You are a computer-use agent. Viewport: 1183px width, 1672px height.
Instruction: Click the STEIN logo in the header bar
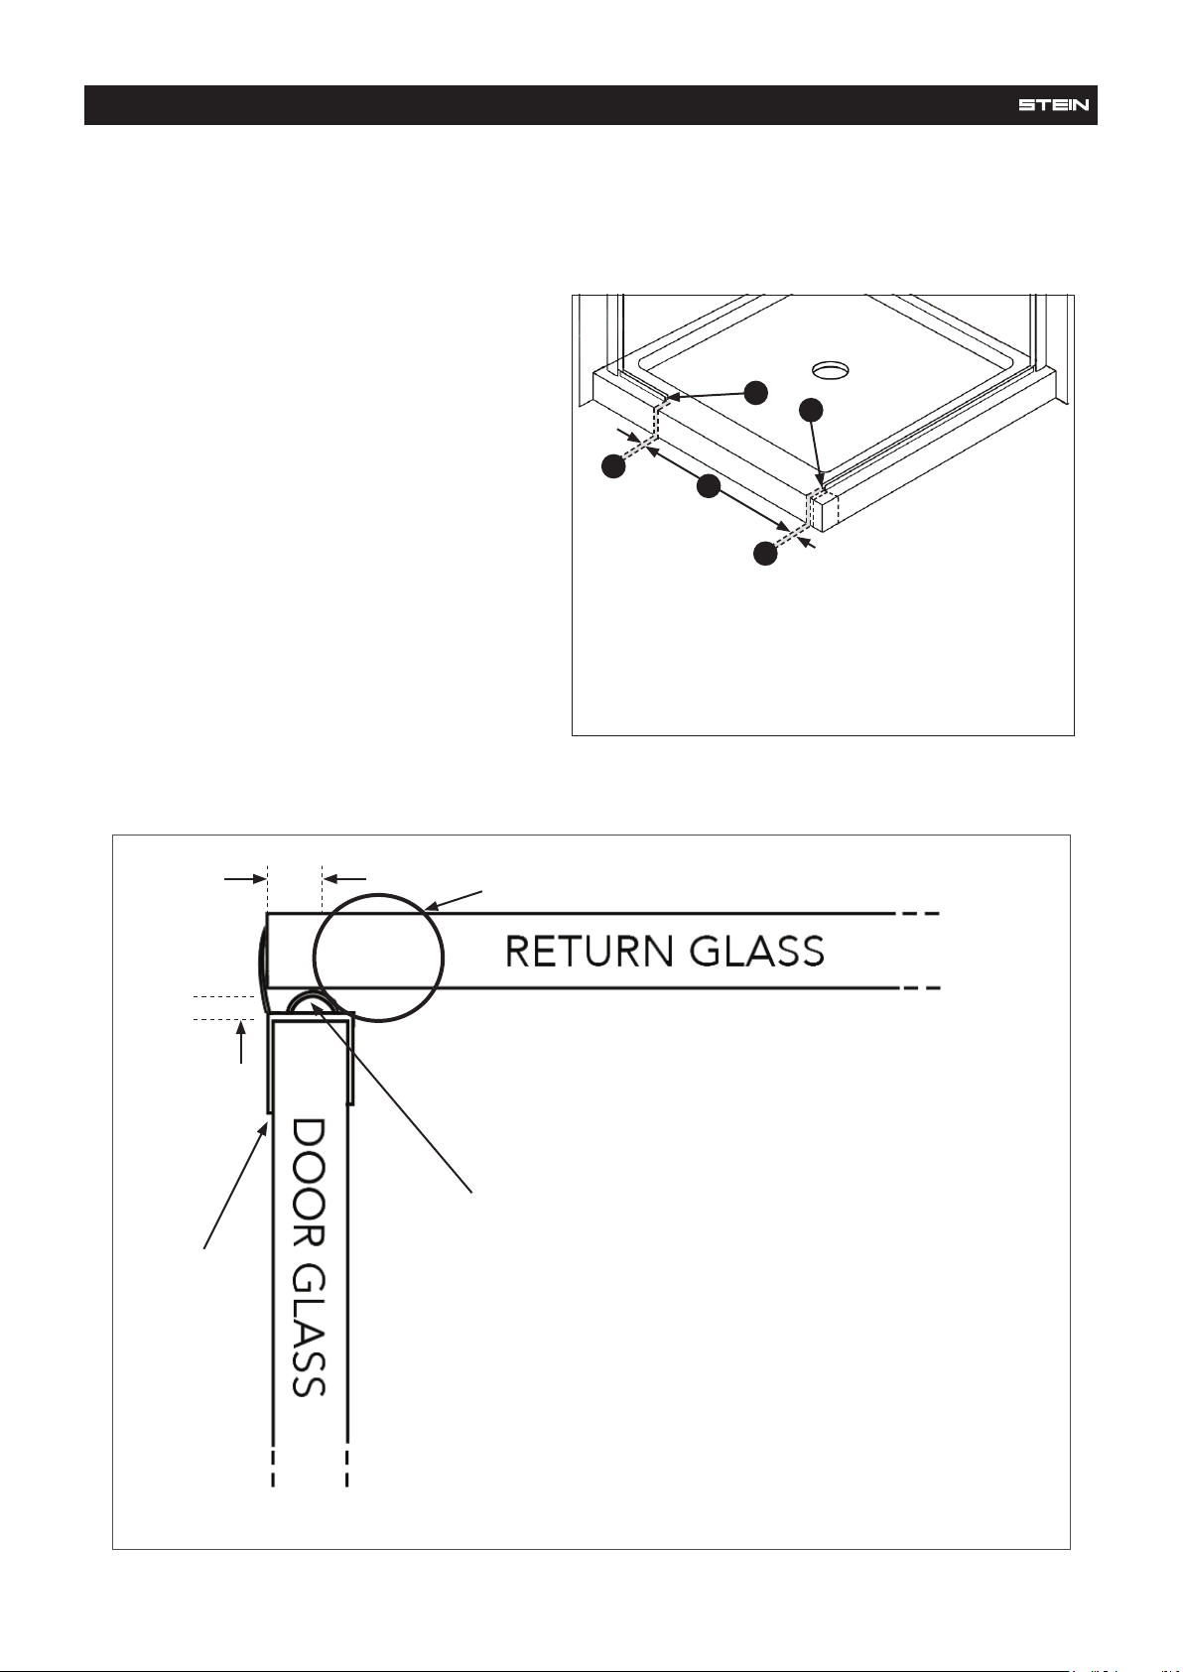[1054, 105]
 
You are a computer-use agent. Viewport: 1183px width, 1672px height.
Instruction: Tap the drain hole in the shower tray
[833, 368]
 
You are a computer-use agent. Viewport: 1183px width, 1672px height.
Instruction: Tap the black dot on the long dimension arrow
[708, 487]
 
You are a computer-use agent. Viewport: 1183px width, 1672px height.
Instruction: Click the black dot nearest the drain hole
[811, 410]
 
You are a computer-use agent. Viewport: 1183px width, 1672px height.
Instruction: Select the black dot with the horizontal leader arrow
[757, 393]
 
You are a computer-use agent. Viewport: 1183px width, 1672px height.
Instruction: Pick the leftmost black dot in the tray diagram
[613, 467]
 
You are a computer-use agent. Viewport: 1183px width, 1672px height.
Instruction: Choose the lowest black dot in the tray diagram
[765, 554]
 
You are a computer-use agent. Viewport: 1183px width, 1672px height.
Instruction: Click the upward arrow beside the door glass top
[240, 1042]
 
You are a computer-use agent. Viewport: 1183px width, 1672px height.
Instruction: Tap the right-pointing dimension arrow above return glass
[245, 879]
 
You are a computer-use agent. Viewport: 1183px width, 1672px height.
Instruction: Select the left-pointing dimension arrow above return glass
[344, 879]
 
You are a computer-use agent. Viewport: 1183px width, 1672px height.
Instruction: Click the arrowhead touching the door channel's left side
[263, 1132]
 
